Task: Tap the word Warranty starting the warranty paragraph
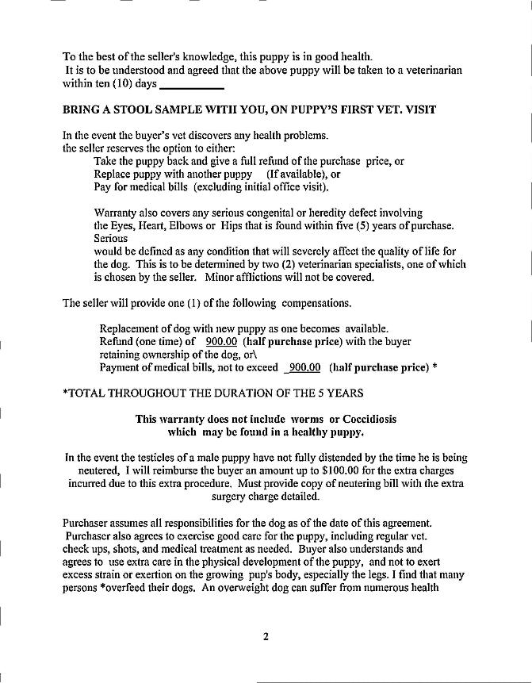click(120, 213)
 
